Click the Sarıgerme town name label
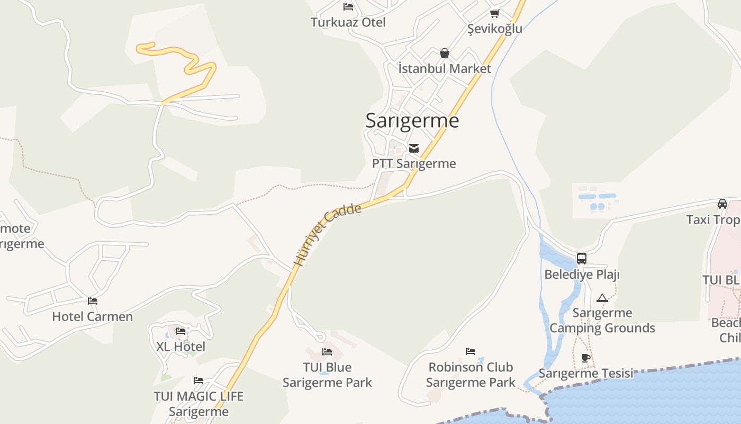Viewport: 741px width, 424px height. (x=412, y=121)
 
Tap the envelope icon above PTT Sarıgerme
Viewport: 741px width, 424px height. (x=414, y=148)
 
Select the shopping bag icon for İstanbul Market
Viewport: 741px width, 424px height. (x=445, y=53)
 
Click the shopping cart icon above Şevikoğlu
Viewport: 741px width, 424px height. (x=494, y=14)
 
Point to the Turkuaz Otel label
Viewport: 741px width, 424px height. (x=348, y=22)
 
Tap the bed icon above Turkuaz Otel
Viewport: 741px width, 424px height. (x=348, y=7)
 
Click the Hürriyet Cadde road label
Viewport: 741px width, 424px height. (x=328, y=234)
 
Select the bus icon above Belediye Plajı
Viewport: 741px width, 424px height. (x=582, y=259)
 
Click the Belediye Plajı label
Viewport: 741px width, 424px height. (x=582, y=275)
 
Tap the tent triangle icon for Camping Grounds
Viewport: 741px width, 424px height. (x=602, y=298)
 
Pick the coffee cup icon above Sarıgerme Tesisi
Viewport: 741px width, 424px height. (x=586, y=358)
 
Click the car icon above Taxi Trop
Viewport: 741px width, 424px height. (x=722, y=204)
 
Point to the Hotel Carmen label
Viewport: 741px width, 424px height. (x=92, y=316)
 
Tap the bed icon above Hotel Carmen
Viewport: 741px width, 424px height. (x=93, y=301)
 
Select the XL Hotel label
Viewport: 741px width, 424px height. (x=180, y=347)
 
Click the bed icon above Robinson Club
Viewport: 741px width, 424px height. (x=471, y=351)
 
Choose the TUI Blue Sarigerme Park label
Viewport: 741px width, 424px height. (x=327, y=375)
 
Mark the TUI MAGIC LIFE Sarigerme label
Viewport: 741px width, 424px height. (x=198, y=403)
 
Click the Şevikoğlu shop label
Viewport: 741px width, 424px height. (x=494, y=29)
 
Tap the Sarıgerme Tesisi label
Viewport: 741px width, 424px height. (x=586, y=373)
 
